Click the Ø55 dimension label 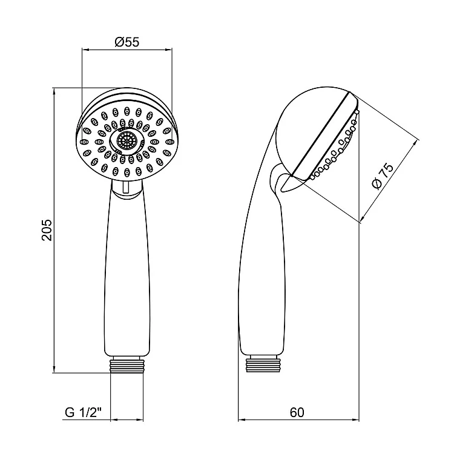127,42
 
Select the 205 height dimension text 47,230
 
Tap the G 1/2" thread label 84,412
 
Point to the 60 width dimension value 297,412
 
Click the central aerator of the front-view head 127,141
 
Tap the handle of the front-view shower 127,272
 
